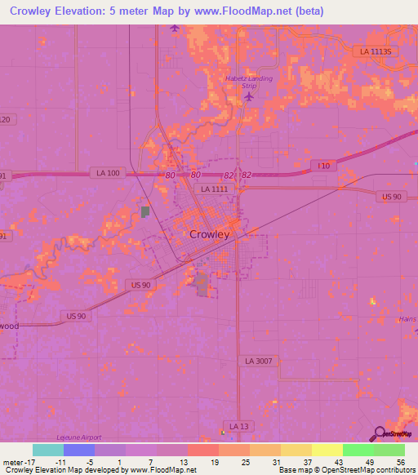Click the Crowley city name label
point(210,233)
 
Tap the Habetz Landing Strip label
point(247,81)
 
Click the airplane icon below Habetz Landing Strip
point(249,97)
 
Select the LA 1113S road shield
point(376,51)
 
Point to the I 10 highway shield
point(324,166)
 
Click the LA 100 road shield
point(106,173)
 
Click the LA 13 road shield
point(238,426)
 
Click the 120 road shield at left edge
point(7,120)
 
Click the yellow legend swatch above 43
point(327,450)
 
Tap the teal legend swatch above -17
point(47,450)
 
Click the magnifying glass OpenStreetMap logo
point(380,433)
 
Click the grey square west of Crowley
point(145,212)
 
